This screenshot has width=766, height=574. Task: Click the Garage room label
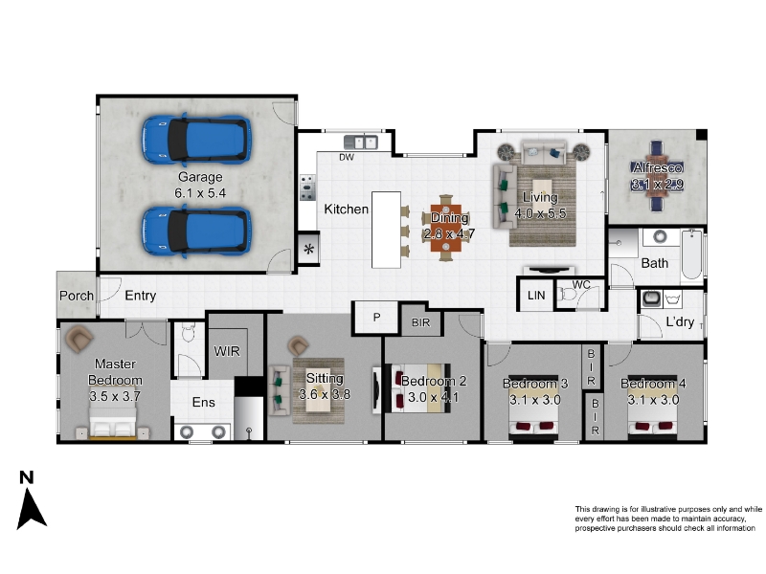pos(200,177)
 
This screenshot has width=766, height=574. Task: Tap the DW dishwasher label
pos(347,157)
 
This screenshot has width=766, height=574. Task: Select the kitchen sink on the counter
pos(361,143)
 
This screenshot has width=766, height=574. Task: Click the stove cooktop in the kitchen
pos(307,188)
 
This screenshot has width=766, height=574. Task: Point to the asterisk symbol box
pos(308,249)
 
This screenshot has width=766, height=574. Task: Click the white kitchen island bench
pos(387,230)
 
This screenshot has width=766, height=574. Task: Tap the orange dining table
pos(446,228)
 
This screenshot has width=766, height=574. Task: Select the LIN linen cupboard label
pos(536,296)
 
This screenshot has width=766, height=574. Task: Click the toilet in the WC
pos(568,295)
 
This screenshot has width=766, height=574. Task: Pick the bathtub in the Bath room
pos(691,254)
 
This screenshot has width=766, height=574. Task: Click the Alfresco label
pos(658,168)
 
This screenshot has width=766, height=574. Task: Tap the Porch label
pos(77,296)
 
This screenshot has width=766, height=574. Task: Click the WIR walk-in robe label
pos(227,351)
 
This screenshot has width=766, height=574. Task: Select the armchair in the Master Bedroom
pos(79,340)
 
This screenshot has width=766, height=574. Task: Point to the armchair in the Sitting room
pos(298,345)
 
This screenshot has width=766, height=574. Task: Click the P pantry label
pos(376,318)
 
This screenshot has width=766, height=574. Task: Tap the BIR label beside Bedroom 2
pos(420,322)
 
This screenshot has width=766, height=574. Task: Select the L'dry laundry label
pos(680,321)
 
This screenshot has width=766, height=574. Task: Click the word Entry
pos(141,296)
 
